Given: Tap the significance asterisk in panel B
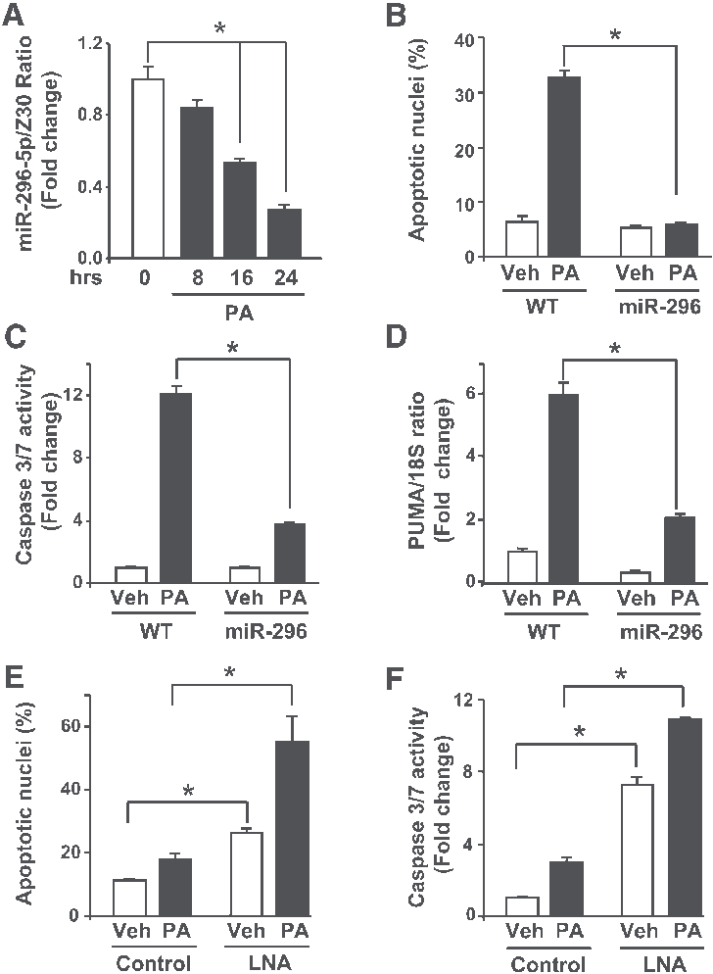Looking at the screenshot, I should [615, 37].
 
